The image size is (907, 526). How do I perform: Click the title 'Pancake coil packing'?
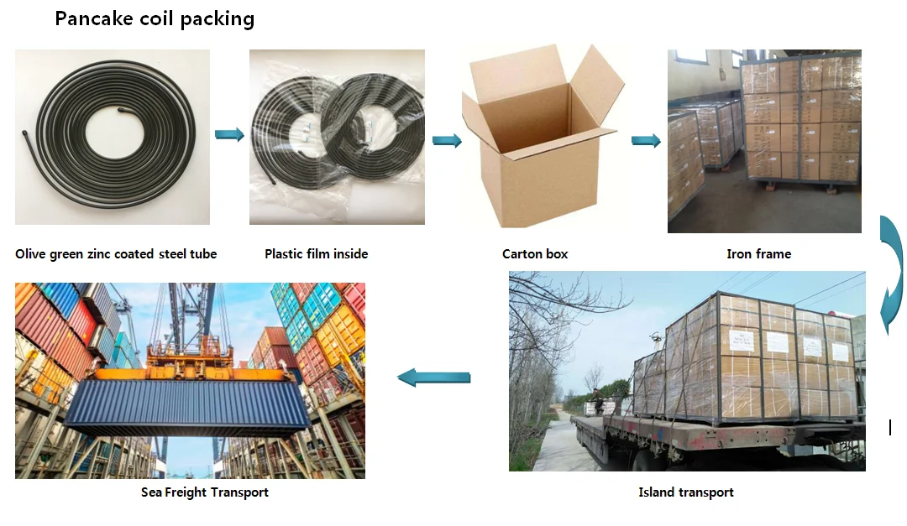coord(155,18)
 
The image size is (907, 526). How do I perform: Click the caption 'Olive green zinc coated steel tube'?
coord(116,254)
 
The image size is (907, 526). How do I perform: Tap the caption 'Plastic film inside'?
coord(316,254)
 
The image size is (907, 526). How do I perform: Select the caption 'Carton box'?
coord(535,254)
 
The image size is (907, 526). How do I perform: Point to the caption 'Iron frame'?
coord(758,254)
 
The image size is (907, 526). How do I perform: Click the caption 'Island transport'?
coord(685,492)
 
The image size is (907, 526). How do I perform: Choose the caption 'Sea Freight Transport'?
coord(204,492)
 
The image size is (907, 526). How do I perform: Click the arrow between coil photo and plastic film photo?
coord(229,134)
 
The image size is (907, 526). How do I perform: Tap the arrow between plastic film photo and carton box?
coord(447,140)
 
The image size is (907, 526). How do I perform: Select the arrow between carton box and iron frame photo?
coord(646,140)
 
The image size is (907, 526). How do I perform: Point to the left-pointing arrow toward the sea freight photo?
coord(433,378)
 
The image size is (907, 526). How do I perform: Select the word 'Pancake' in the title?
coord(92,18)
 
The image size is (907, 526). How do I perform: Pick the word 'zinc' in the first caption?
coord(100,254)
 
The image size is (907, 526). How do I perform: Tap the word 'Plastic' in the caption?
coord(285,254)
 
